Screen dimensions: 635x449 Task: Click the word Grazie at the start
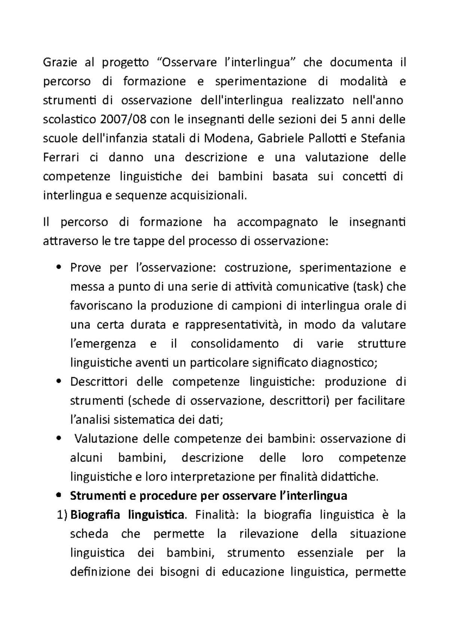[60, 62]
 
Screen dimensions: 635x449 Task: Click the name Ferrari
[61, 157]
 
